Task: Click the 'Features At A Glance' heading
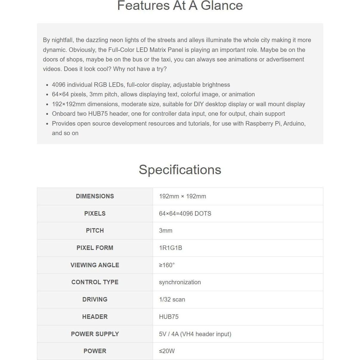coord(180,6)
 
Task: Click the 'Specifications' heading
coord(180,170)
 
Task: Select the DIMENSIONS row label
coord(95,196)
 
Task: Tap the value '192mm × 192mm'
coord(183,196)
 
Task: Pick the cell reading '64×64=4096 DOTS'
coord(185,214)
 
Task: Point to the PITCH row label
coord(95,231)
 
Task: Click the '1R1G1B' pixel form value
coord(170,248)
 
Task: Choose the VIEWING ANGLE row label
coord(95,265)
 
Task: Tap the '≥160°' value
coord(167,265)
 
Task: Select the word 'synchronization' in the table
coord(180,282)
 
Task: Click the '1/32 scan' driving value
coord(172,299)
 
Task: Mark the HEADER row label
coord(95,317)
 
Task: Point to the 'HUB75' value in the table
coord(169,317)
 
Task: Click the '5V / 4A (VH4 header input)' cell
coord(195,334)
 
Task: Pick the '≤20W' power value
coord(167,351)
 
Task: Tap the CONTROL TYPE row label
coord(95,282)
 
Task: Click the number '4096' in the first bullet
coord(58,85)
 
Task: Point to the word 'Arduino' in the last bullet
coord(294,123)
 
